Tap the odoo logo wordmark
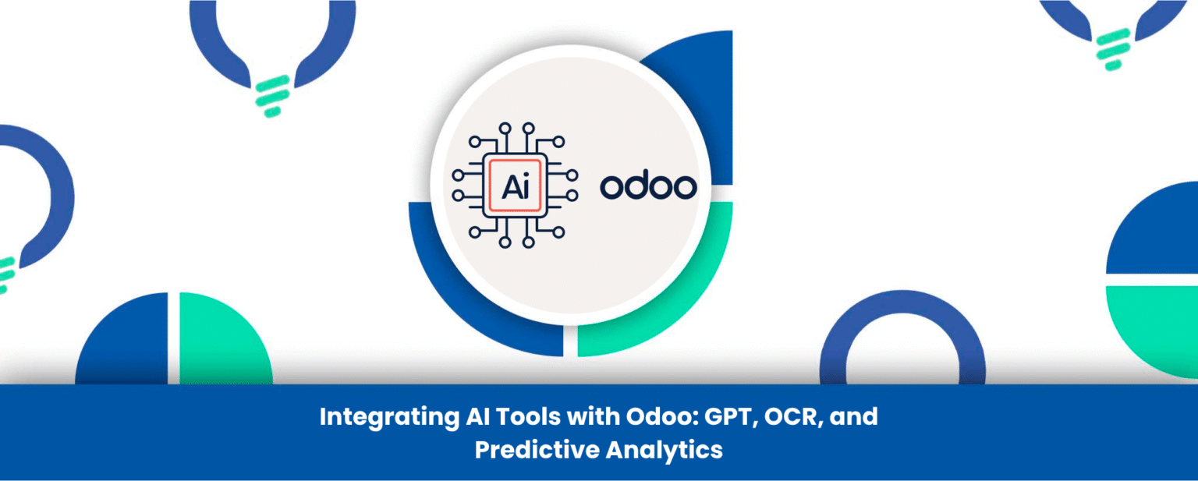(648, 186)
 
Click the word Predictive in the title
(537, 451)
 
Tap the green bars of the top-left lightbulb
(269, 94)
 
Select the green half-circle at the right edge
(1154, 320)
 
